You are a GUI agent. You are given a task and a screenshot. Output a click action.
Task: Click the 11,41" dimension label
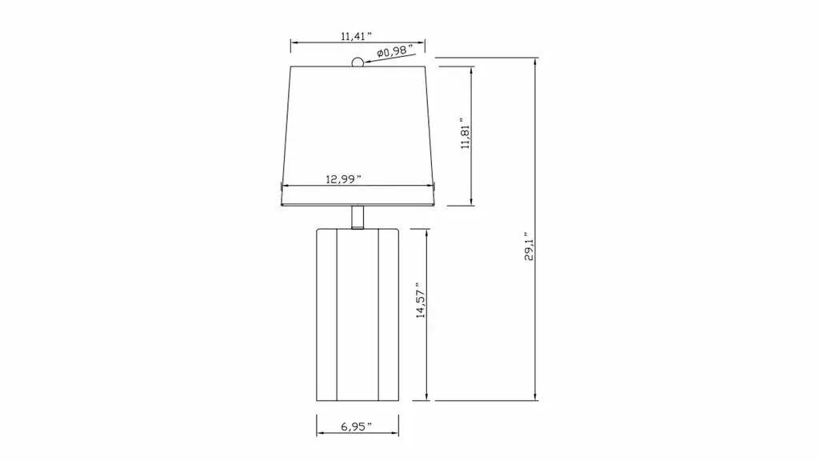coord(356,36)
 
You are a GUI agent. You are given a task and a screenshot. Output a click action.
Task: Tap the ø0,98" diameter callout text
coord(395,51)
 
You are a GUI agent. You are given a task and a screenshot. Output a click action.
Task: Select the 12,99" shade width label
coord(343,179)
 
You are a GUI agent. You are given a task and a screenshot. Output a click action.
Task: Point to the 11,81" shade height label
coord(465,134)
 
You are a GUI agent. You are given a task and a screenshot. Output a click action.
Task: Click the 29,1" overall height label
coord(529,247)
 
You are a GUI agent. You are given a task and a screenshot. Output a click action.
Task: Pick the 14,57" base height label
coord(421,301)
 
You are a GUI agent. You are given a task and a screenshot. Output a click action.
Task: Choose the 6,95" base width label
coord(356,427)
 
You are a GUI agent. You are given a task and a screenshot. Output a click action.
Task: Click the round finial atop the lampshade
coord(358,62)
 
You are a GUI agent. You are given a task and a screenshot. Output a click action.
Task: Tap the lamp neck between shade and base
coord(358,217)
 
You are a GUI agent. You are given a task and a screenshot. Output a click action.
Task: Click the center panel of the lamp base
coord(358,315)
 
